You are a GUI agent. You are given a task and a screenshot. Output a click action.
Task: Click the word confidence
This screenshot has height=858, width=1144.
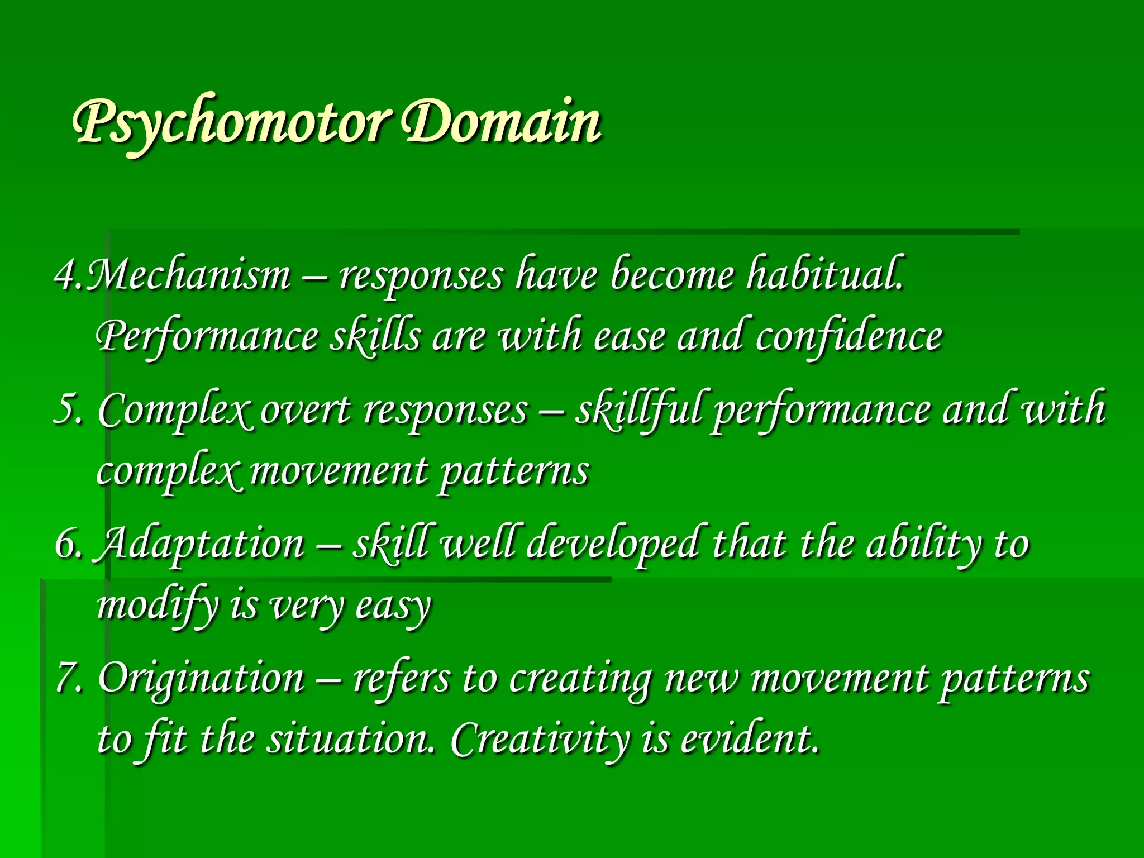pos(849,337)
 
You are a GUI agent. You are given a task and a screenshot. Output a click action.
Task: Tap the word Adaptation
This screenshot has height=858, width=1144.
pos(201,544)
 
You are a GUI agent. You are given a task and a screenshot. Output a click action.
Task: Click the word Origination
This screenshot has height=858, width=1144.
pos(201,678)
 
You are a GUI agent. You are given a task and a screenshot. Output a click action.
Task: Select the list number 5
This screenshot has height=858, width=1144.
pos(67,409)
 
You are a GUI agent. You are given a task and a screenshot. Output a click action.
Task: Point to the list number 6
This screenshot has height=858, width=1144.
pos(68,544)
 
